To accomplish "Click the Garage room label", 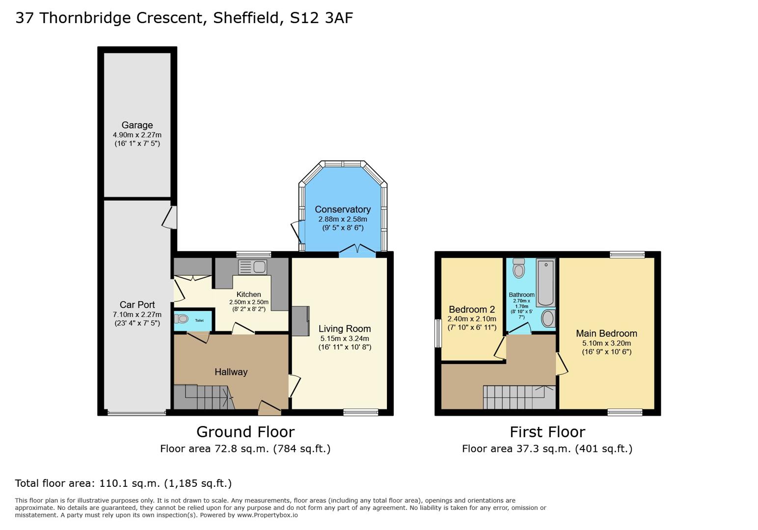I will pyautogui.click(x=137, y=125).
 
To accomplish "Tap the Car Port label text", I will pyautogui.click(x=137, y=305).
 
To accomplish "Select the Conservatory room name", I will pyautogui.click(x=343, y=210).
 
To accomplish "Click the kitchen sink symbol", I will pyautogui.click(x=253, y=267).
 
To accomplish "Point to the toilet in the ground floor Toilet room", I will pyautogui.click(x=182, y=319).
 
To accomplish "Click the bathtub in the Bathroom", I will pyautogui.click(x=545, y=282).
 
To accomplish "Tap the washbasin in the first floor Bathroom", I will pyautogui.click(x=548, y=318).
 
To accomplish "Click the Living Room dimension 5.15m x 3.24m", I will pyautogui.click(x=345, y=339).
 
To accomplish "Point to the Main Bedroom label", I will pyautogui.click(x=606, y=334).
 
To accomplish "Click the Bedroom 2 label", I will pyautogui.click(x=472, y=310).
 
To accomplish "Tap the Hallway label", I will pyautogui.click(x=231, y=372).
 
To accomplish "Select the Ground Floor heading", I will pyautogui.click(x=245, y=432).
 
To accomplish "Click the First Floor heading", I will pyautogui.click(x=547, y=432).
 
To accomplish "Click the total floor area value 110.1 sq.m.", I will pyautogui.click(x=130, y=483).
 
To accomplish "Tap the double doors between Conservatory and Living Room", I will pyautogui.click(x=357, y=250).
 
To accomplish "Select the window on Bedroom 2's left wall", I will pyautogui.click(x=438, y=334).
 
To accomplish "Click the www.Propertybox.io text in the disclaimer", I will pyautogui.click(x=268, y=515).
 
